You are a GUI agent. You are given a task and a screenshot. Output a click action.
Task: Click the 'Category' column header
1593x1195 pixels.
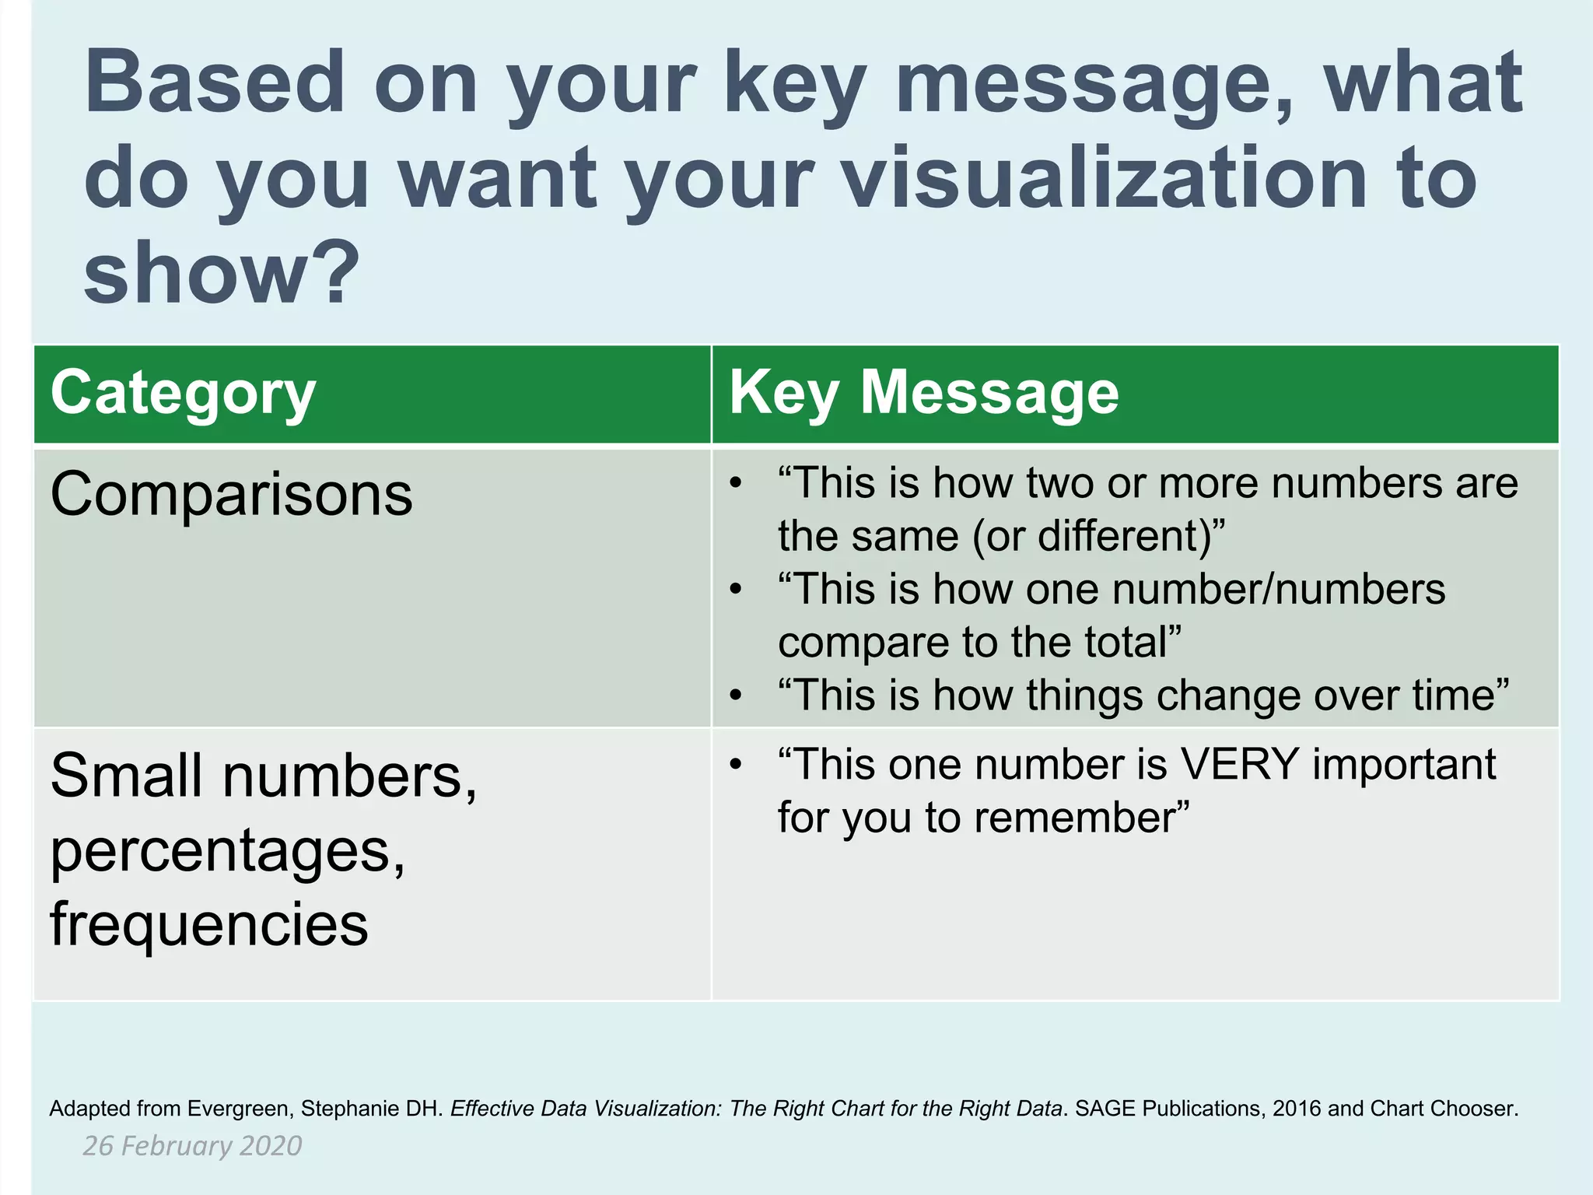tap(183, 394)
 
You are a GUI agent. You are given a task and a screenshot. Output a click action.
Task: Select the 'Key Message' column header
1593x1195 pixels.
tap(924, 394)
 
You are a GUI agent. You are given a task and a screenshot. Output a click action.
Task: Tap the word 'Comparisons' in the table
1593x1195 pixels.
tap(231, 495)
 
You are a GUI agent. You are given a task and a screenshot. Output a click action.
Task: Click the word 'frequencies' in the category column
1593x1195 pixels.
tap(208, 924)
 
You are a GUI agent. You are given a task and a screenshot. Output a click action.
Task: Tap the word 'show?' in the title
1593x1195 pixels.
tap(221, 272)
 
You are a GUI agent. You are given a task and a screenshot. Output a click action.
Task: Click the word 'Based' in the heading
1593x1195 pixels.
tap(214, 82)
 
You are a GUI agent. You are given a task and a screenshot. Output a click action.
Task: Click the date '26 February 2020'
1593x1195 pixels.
tap(192, 1146)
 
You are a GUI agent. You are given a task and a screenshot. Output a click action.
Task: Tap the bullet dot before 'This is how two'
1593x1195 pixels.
tap(736, 484)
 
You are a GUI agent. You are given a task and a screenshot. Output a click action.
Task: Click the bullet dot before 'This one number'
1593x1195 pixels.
tap(736, 765)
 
